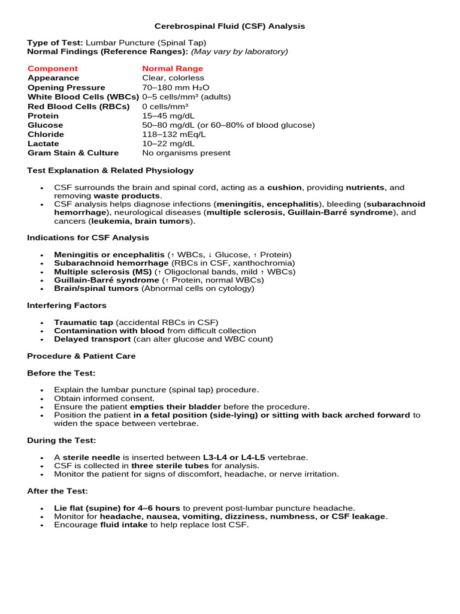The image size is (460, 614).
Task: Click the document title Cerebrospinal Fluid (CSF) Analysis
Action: pos(230,26)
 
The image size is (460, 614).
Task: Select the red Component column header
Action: pos(53,68)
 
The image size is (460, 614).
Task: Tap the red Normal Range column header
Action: pos(172,68)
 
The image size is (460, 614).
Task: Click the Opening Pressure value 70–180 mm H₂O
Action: pos(175,88)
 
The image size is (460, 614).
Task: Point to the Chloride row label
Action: pos(46,134)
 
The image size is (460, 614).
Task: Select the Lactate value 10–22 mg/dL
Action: pos(168,144)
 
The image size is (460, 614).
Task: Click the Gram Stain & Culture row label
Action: pos(73,153)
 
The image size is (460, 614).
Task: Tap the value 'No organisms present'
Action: pos(186,153)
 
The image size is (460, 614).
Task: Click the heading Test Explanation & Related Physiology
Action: pos(110,170)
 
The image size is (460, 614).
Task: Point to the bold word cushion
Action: pos(285,188)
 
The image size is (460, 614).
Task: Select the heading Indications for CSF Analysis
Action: pos(88,237)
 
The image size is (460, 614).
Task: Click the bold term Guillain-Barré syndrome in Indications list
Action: pos(107,280)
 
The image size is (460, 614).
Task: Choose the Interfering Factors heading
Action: pos(66,305)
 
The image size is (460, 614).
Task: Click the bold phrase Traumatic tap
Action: pos(83,322)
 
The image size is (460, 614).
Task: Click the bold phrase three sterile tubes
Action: pos(170,466)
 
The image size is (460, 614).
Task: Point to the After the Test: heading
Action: pos(57,491)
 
